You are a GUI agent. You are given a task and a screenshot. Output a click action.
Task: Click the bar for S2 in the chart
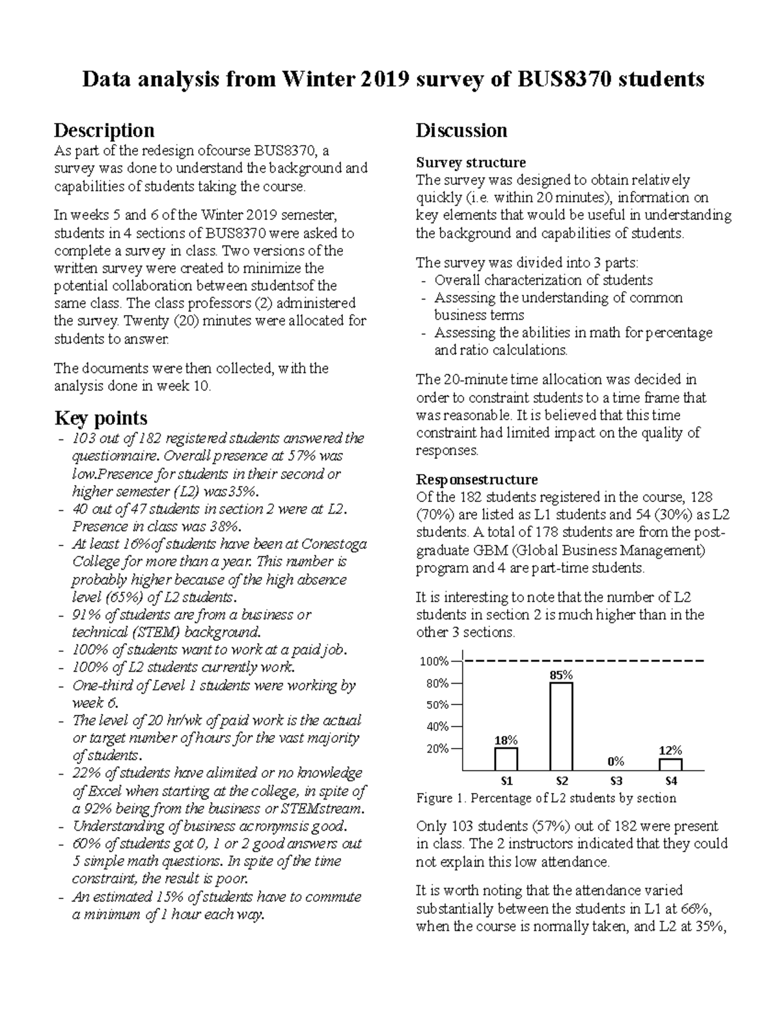(x=561, y=726)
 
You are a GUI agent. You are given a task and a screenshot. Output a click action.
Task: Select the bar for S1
(x=506, y=759)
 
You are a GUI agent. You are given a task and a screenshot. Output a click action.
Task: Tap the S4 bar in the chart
(x=670, y=764)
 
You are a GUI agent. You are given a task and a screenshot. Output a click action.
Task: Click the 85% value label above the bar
(x=561, y=675)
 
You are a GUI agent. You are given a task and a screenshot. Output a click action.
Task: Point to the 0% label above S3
(x=616, y=761)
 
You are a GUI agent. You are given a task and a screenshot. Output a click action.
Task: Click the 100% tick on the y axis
(x=434, y=661)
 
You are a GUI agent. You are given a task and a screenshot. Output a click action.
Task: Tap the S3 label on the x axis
(x=616, y=781)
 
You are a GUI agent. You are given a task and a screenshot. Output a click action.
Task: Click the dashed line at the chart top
(x=586, y=661)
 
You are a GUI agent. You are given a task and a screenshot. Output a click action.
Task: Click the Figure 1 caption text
(x=546, y=798)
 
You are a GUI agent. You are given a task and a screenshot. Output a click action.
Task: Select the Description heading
(x=104, y=130)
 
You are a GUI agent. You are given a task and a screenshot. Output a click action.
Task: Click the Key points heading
(x=101, y=418)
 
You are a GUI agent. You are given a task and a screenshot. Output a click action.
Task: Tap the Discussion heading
(x=461, y=130)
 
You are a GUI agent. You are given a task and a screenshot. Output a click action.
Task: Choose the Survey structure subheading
(x=471, y=162)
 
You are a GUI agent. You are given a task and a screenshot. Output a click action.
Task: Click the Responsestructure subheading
(x=476, y=480)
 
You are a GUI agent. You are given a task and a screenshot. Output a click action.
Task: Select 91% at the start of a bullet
(x=87, y=615)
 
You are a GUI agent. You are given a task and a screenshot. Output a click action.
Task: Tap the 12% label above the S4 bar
(x=670, y=750)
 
